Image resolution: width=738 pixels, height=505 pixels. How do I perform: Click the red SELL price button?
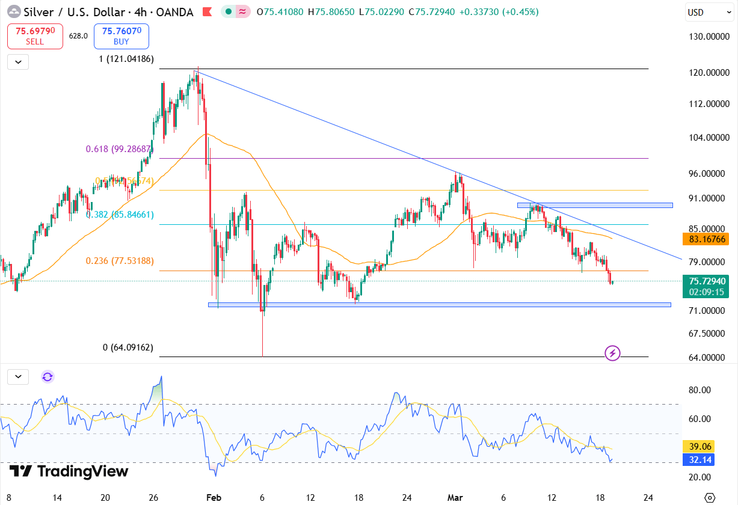point(35,36)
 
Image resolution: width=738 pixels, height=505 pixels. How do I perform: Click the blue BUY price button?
point(121,36)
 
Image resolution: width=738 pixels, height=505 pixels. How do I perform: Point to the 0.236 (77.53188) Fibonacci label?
point(120,261)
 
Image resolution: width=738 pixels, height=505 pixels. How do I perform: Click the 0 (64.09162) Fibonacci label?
point(128,347)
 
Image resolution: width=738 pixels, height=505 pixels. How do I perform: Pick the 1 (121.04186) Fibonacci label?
point(126,59)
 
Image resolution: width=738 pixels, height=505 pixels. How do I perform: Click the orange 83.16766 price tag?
point(706,239)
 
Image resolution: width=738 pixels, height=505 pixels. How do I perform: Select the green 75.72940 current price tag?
point(706,281)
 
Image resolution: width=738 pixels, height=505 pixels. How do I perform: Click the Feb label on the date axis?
point(214,497)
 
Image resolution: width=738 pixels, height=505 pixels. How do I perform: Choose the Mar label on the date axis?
point(455,497)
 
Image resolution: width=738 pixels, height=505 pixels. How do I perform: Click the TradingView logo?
point(69,471)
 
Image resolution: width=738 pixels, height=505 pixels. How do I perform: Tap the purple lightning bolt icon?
point(612,353)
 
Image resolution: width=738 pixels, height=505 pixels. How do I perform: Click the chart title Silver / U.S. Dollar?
point(64,12)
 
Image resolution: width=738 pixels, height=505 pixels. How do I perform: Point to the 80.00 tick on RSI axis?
point(700,390)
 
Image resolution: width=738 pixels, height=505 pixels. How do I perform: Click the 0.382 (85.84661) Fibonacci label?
point(120,215)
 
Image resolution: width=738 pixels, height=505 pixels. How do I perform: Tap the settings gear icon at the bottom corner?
point(710,497)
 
